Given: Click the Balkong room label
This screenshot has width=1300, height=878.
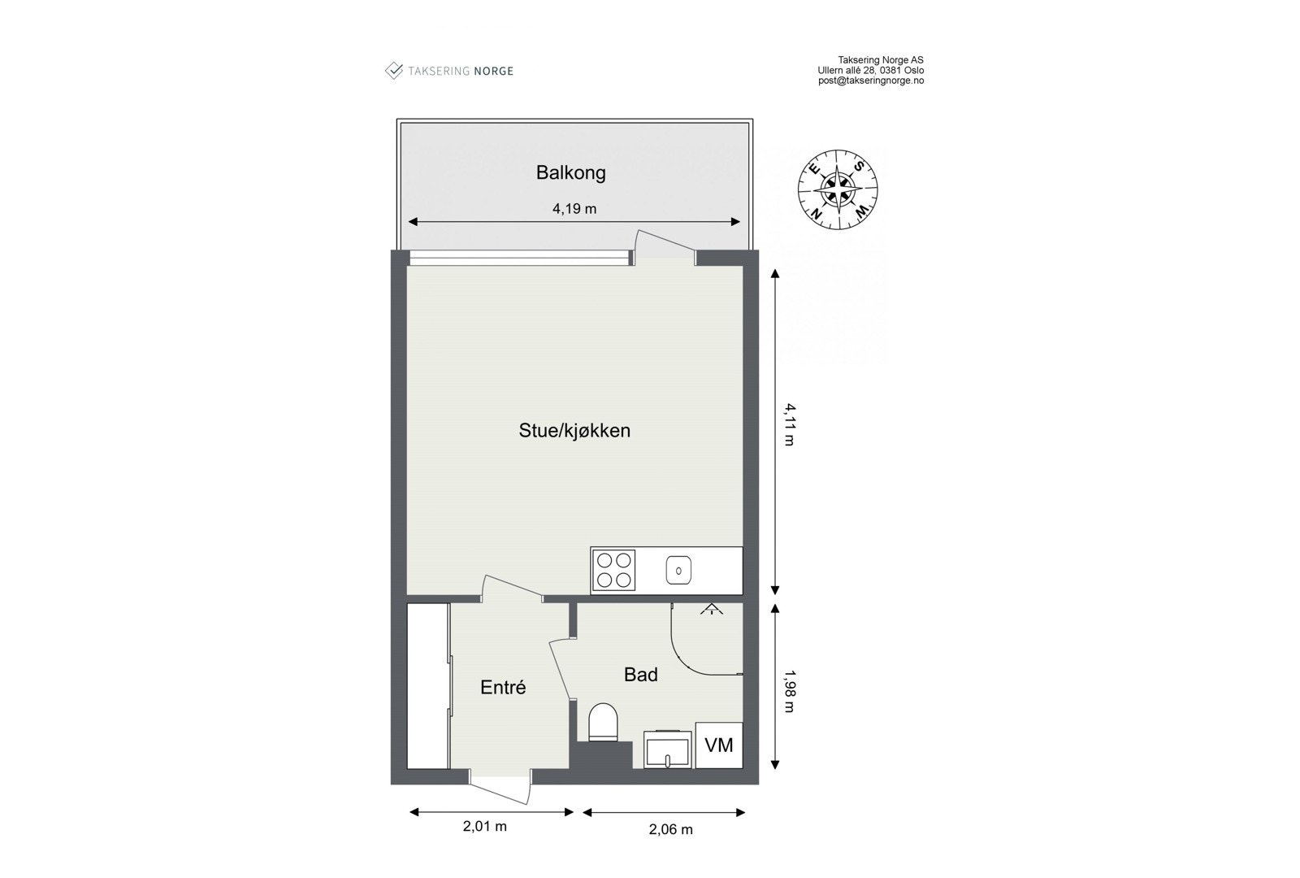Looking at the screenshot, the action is pyautogui.click(x=570, y=172).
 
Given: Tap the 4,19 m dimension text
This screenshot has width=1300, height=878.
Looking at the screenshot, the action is pyautogui.click(x=574, y=208).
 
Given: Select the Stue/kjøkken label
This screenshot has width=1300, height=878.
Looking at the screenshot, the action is pyautogui.click(x=574, y=430).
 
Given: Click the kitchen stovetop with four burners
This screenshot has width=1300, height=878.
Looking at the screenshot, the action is pyautogui.click(x=613, y=569).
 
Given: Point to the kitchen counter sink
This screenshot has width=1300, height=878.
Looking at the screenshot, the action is pyautogui.click(x=678, y=570).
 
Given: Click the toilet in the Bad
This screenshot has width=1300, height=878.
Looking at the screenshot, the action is pyautogui.click(x=603, y=722).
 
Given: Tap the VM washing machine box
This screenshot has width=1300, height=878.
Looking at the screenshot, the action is pyautogui.click(x=718, y=745).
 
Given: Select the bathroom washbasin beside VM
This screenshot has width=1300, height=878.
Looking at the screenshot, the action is pyautogui.click(x=668, y=749).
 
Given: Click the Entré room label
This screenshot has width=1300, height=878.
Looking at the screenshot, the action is pyautogui.click(x=503, y=687).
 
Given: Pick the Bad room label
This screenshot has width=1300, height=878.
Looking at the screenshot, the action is pyautogui.click(x=640, y=674).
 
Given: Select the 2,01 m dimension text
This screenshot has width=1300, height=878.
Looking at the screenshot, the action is pyautogui.click(x=485, y=826).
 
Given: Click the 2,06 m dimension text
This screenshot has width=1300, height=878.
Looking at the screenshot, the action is pyautogui.click(x=670, y=829).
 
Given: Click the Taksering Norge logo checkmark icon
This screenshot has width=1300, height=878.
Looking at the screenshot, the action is pyautogui.click(x=394, y=71).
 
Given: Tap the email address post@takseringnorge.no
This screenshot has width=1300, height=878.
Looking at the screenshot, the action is pyautogui.click(x=870, y=80).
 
